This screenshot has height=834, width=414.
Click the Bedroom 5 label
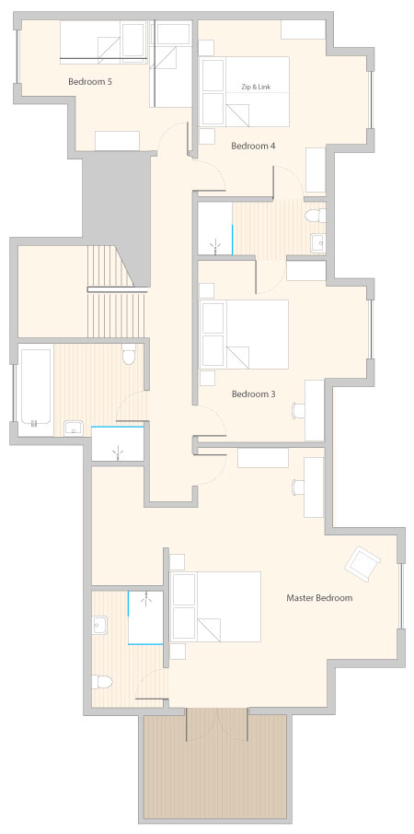(x=90, y=82)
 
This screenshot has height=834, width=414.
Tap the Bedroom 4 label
(x=253, y=146)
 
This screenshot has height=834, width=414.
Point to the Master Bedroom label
(x=319, y=598)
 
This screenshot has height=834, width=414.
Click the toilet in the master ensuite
(x=101, y=682)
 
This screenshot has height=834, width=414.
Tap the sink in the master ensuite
(x=99, y=626)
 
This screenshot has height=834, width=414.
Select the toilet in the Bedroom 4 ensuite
(x=316, y=216)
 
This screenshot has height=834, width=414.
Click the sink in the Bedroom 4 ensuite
(x=318, y=242)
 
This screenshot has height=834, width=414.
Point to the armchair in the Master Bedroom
(x=362, y=563)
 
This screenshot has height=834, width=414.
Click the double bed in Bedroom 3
(x=244, y=335)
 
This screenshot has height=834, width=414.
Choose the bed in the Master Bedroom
(x=215, y=607)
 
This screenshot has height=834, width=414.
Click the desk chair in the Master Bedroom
(x=299, y=487)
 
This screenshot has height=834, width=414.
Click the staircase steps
(x=115, y=291)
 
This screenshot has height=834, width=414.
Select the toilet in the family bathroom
(x=129, y=354)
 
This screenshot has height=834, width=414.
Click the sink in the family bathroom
(x=73, y=429)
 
